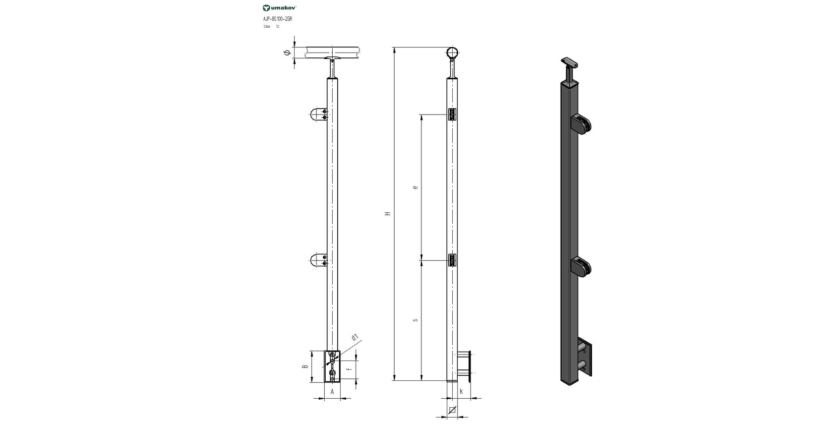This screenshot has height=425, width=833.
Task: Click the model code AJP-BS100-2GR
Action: [x=274, y=18]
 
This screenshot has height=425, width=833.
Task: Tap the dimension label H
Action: [x=388, y=213]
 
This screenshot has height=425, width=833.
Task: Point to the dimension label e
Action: [x=415, y=187]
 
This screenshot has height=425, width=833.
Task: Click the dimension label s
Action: [x=415, y=320]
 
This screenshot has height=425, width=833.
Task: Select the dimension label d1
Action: [x=355, y=338]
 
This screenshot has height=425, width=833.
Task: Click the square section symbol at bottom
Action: [x=452, y=410]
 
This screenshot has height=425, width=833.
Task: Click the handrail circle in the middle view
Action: [x=452, y=52]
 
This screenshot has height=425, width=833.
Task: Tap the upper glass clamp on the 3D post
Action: [x=581, y=124]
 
